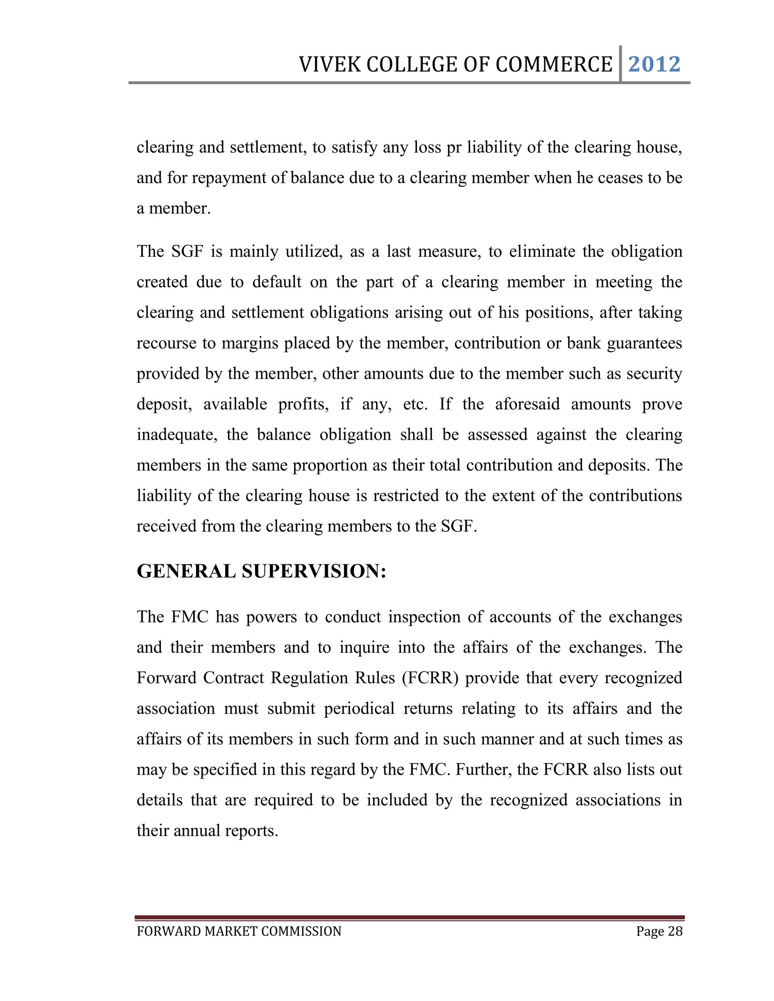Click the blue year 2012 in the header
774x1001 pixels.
654,64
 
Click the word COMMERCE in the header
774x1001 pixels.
554,65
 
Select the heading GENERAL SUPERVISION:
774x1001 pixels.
262,571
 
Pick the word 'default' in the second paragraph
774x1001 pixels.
277,282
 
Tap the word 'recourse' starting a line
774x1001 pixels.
166,343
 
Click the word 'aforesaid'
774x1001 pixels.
527,404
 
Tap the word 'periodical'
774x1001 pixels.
359,709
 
